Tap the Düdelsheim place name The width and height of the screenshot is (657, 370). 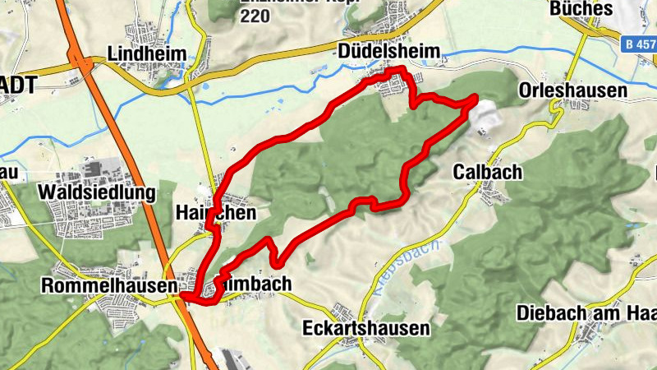[x=390, y=53]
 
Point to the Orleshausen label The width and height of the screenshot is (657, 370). [x=572, y=90]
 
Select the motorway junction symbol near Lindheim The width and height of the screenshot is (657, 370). [x=80, y=59]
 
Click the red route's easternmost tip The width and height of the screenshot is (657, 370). [x=476, y=99]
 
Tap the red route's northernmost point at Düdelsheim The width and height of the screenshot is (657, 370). [x=398, y=70]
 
